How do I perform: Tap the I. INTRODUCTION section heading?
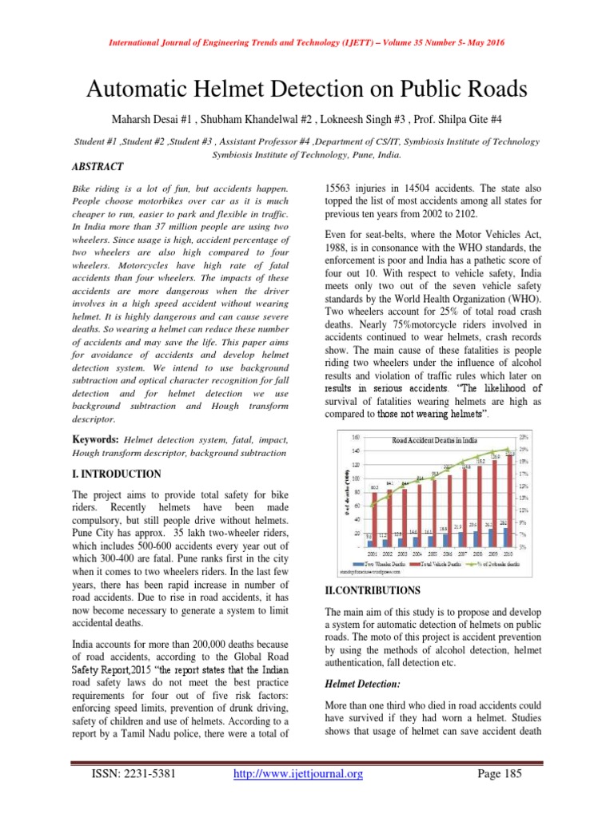117,474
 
